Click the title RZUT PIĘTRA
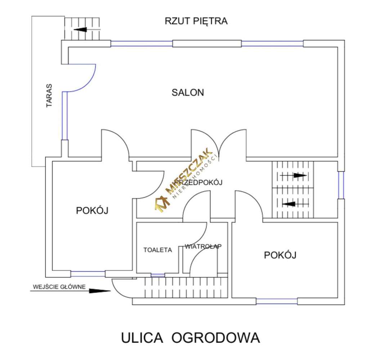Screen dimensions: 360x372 click(196, 21)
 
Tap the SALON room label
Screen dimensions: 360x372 click(188, 93)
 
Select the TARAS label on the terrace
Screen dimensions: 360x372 click(49, 96)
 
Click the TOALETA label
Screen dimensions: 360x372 click(157, 250)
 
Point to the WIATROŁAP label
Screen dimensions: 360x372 click(203, 247)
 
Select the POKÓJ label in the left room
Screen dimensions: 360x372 click(92, 211)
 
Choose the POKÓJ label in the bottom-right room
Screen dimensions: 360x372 click(280, 255)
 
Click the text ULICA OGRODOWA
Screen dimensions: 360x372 click(190, 338)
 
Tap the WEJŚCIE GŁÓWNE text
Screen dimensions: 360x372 click(59, 287)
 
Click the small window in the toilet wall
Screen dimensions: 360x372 click(157, 275)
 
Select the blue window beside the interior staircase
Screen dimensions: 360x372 click(341, 185)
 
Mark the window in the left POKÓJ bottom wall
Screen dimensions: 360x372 click(88, 274)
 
